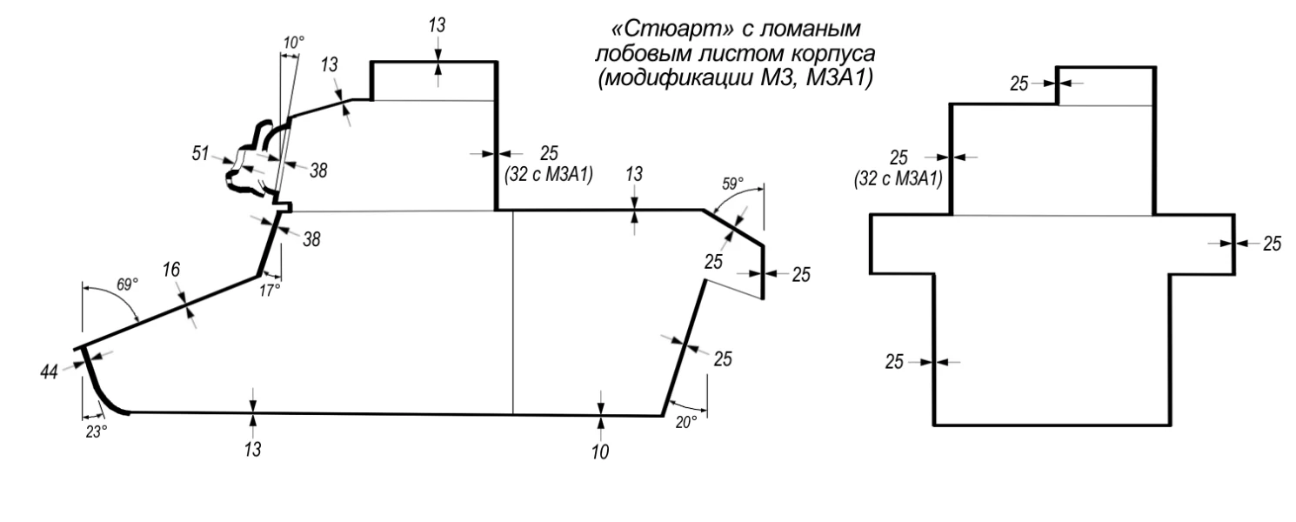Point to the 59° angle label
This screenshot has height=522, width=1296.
point(732,184)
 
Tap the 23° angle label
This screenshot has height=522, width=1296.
point(96,431)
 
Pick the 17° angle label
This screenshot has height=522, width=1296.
point(271,290)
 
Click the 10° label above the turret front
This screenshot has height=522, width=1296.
point(295,42)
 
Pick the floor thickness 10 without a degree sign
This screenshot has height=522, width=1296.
point(600,452)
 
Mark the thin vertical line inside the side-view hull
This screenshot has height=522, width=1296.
point(512,313)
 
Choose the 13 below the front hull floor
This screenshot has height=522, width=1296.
point(252,449)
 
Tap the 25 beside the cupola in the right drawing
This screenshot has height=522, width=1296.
point(1019,84)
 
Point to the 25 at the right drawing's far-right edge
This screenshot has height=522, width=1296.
point(1271,244)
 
